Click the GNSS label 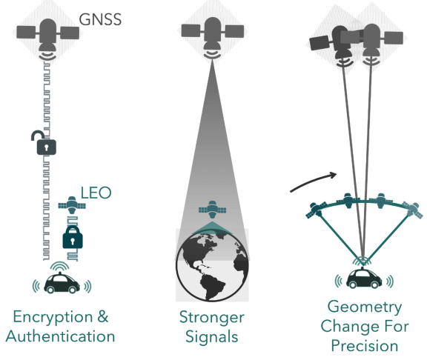click(100, 19)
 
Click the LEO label click(96, 193)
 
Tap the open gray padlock click(44, 143)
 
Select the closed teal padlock click(73, 237)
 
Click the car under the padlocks click(62, 284)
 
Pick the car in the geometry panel click(364, 278)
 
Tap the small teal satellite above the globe click(213, 210)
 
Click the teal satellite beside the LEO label click(72, 204)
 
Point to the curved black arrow click(313, 181)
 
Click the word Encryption click(53, 317)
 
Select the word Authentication click(60, 336)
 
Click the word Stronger click(211, 318)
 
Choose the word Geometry click(365, 307)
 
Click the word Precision click(365, 346)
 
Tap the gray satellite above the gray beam click(213, 37)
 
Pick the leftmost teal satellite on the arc click(316, 210)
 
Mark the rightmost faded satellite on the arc click(412, 210)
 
